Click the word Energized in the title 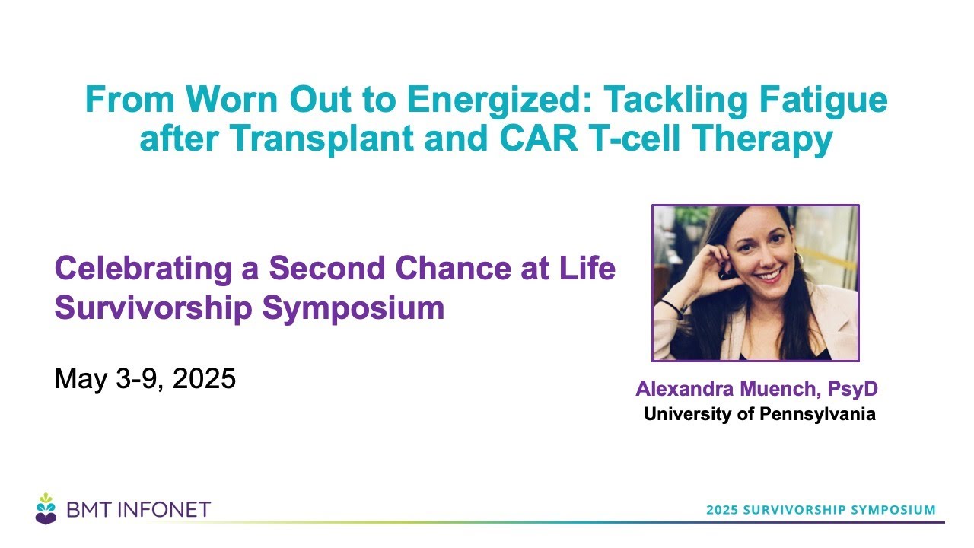point(499,100)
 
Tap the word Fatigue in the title point(823,100)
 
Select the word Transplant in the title point(322,139)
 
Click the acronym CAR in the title point(539,139)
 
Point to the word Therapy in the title point(762,139)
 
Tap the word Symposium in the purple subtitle point(353,309)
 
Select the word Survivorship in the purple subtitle point(154,308)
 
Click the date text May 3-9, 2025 point(145,378)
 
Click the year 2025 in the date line point(204,378)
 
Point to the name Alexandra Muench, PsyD point(756,389)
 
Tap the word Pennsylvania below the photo point(817,415)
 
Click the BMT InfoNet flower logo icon point(46,509)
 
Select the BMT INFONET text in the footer point(138,510)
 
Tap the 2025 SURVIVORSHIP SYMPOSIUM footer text point(821,510)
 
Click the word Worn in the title point(231,100)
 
